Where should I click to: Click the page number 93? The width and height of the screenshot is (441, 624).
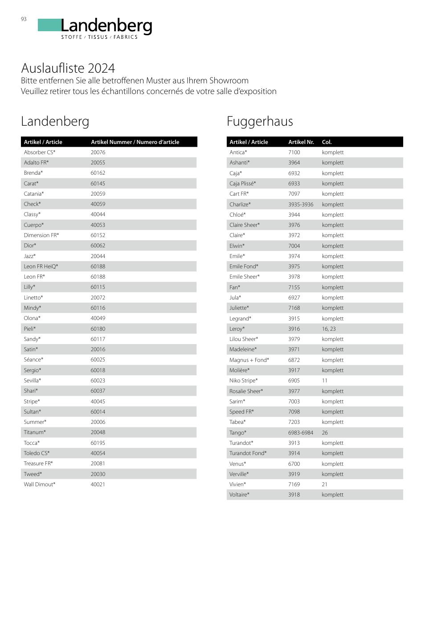tap(24, 19)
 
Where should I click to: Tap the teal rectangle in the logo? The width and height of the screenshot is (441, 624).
tap(49, 25)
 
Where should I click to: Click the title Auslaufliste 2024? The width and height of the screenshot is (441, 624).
tap(68, 68)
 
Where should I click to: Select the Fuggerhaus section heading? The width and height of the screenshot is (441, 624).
tap(260, 121)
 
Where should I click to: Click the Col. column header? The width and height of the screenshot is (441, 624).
tap(327, 142)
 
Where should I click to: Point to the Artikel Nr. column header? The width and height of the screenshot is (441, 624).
tap(301, 142)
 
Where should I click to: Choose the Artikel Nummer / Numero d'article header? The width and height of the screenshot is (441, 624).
tap(135, 142)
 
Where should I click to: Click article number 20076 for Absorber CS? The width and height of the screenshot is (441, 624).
tap(98, 152)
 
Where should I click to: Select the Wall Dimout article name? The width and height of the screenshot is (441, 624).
tap(40, 484)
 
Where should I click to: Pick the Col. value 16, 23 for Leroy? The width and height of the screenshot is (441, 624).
tap(329, 329)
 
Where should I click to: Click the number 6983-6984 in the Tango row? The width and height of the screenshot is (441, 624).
tap(301, 433)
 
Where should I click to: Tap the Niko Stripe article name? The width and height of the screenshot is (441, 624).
tap(243, 381)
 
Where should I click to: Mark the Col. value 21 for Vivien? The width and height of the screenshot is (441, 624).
tap(325, 484)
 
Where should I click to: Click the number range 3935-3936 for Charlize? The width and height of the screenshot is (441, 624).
tap(301, 205)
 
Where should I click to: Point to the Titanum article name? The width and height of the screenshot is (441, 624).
tap(35, 432)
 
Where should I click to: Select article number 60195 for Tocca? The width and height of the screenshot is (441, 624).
tap(98, 443)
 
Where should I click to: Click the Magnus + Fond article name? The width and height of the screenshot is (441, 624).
tap(249, 360)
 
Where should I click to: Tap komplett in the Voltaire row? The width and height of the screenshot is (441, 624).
tap(333, 495)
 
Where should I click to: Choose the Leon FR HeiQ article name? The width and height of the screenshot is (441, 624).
tap(41, 267)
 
